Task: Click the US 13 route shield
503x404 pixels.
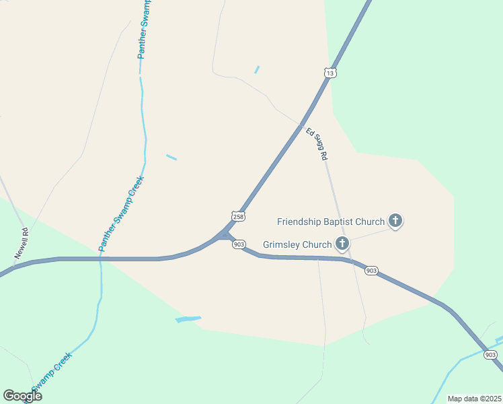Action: click(330, 73)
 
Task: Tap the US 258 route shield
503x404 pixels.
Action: click(238, 216)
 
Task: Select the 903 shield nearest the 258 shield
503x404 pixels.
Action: click(240, 244)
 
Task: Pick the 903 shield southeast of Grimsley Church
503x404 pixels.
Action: click(371, 270)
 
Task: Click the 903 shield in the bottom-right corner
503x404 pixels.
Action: click(491, 355)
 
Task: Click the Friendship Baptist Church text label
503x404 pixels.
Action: click(331, 221)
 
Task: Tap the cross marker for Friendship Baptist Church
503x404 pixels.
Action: click(395, 220)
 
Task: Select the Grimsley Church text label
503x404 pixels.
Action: click(298, 244)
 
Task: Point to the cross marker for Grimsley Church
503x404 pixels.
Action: click(342, 243)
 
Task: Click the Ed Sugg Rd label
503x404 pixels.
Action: click(317, 143)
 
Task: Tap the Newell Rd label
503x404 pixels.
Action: click(22, 244)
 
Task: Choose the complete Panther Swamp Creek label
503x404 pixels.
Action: click(122, 213)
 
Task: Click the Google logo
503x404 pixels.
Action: click(22, 395)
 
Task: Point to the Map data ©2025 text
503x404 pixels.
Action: click(474, 399)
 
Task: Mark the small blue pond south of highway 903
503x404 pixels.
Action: click(188, 318)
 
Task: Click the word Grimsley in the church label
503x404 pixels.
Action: click(282, 244)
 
